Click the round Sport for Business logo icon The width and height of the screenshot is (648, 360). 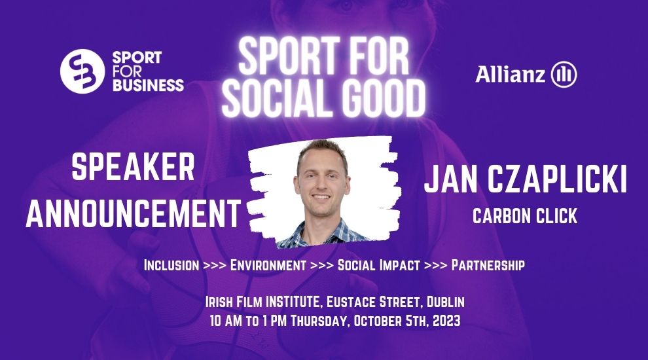(x=82, y=71)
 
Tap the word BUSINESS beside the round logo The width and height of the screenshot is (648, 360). (x=148, y=85)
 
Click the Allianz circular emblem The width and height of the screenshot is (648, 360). (x=564, y=75)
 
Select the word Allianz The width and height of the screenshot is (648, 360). (x=511, y=74)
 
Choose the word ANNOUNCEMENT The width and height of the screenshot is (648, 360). (x=134, y=213)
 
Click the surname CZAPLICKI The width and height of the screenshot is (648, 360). (x=556, y=179)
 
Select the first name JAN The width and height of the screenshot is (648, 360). (x=451, y=179)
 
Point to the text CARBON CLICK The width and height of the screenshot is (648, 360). (x=525, y=216)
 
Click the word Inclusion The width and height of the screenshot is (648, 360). (x=171, y=265)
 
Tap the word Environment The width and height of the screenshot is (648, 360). (x=268, y=265)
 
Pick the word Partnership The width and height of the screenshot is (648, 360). (x=488, y=265)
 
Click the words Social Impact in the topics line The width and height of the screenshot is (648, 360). (x=378, y=265)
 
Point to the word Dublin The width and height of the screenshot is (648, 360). (x=446, y=302)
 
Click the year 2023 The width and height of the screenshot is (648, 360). (x=446, y=321)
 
